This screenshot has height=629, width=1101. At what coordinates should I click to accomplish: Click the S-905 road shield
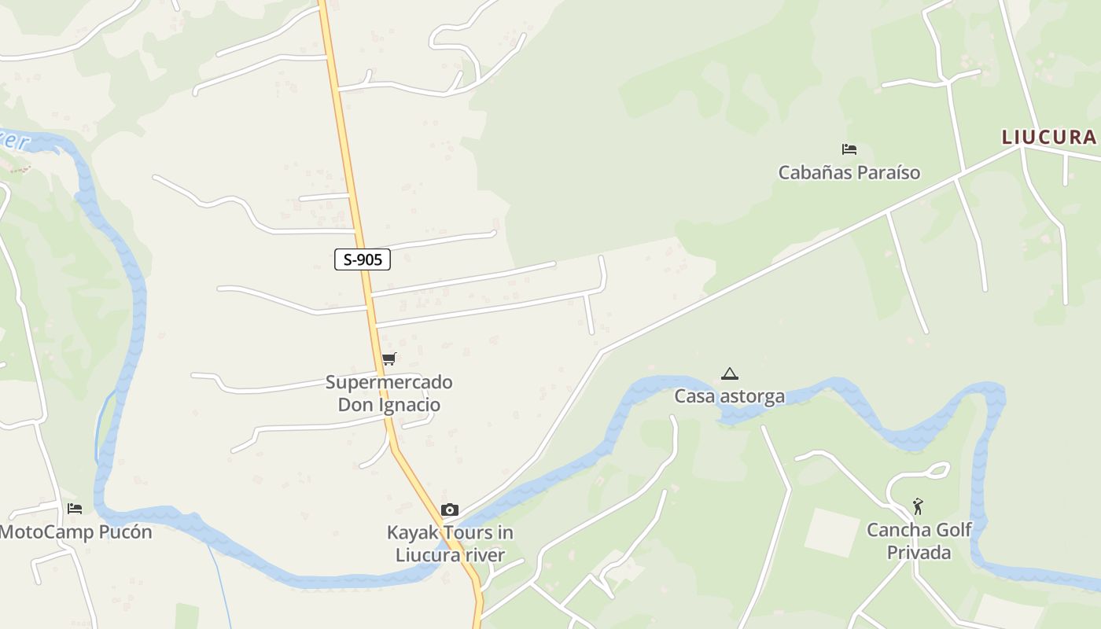tap(363, 259)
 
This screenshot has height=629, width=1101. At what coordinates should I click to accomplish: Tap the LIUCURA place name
tap(1048, 137)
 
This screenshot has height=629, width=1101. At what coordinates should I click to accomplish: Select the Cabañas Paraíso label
tap(849, 172)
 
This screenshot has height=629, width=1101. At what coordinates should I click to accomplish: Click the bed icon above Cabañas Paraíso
tap(849, 149)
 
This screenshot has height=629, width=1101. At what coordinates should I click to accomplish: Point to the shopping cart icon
tap(388, 359)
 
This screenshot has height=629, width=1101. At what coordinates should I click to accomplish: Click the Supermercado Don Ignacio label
tap(389, 394)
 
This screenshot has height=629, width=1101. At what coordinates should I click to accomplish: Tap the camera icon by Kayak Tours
tap(450, 509)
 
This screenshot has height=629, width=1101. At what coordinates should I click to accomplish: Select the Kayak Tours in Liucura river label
tap(450, 543)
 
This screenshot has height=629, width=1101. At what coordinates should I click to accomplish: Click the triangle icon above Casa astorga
tap(730, 373)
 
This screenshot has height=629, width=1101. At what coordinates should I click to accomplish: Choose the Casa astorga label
tap(729, 396)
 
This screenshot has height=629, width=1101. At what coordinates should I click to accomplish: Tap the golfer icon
tap(918, 506)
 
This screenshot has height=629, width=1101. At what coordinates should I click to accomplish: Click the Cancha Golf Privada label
tap(919, 541)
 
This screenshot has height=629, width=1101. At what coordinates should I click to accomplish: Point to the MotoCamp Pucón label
tap(75, 532)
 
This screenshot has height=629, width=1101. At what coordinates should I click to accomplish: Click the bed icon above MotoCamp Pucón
tap(75, 509)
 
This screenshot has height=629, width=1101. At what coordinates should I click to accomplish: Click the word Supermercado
tap(389, 383)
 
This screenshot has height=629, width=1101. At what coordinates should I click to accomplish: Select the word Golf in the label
tap(955, 530)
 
